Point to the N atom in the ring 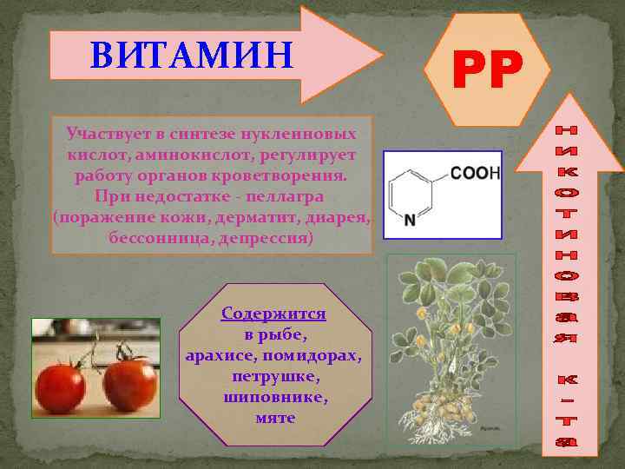point(410,221)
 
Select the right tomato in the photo point(130,383)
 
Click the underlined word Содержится point(273,313)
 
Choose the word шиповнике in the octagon point(275,398)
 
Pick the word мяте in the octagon point(275,418)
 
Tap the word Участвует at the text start point(109,135)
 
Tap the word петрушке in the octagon point(275,378)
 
